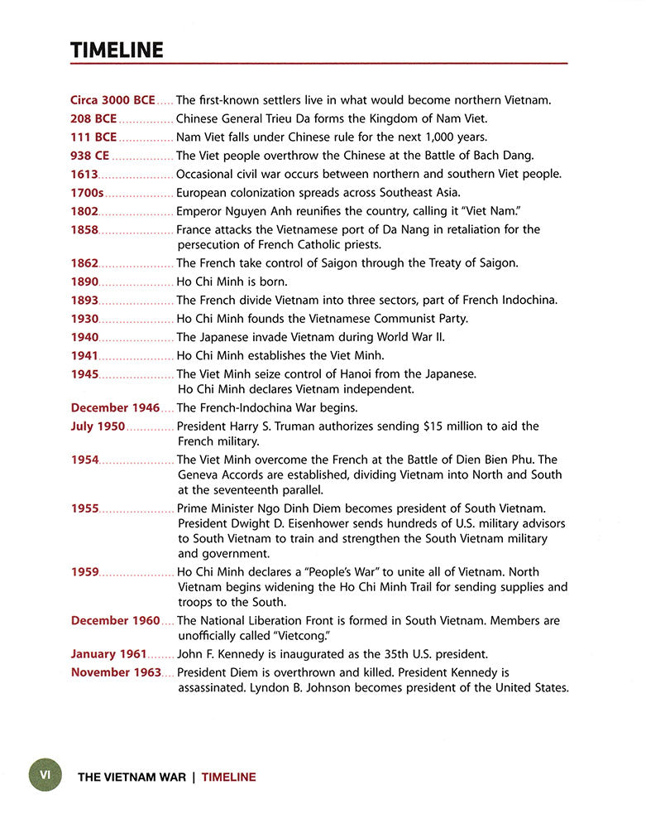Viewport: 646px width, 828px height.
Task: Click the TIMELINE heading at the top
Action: (117, 50)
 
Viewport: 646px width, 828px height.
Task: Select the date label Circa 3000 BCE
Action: (112, 100)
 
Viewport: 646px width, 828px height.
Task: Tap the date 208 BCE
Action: (93, 118)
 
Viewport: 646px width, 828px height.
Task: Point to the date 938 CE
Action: (90, 155)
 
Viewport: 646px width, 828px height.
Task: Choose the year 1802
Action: (84, 210)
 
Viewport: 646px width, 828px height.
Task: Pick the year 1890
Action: (84, 282)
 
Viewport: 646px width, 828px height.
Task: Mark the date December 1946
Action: (115, 407)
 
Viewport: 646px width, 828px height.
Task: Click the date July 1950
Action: (98, 426)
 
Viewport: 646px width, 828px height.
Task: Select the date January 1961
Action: (108, 653)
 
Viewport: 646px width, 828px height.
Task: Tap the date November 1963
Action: (116, 672)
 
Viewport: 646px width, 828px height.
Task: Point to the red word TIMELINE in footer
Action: (228, 777)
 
